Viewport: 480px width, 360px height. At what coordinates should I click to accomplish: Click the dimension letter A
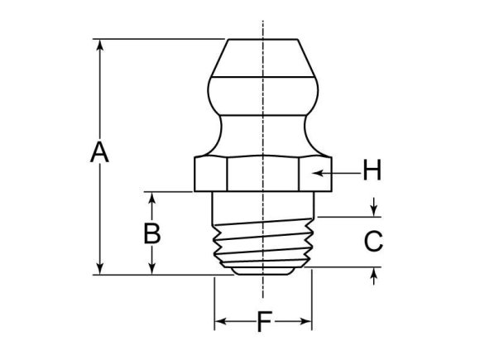pos(99,153)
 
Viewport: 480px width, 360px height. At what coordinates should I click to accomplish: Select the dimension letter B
pos(151,234)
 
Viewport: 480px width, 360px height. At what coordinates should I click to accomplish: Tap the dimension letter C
pos(374,242)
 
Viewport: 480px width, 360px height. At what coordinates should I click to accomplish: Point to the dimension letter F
pos(263,321)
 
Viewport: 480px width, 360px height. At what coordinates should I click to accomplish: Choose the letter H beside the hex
pos(372,172)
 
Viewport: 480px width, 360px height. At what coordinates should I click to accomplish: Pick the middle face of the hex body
pos(263,173)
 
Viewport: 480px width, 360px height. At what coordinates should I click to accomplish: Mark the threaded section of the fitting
pos(263,244)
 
